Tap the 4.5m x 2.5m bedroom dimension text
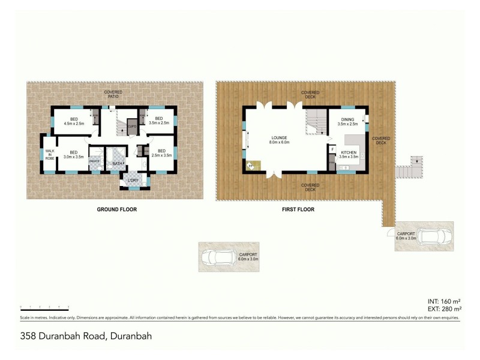pyautogui.click(x=74, y=124)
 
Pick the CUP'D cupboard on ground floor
pyautogui.click(x=132, y=127)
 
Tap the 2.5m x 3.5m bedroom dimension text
pyautogui.click(x=161, y=155)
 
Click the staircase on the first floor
pyautogui.click(x=316, y=122)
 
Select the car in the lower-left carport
pyautogui.click(x=218, y=257)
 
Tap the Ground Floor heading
pyautogui.click(x=117, y=210)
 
